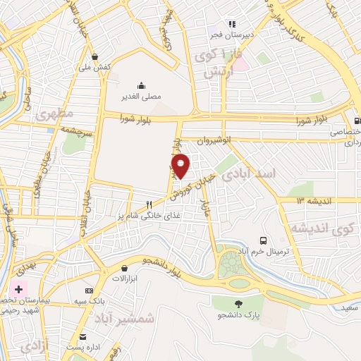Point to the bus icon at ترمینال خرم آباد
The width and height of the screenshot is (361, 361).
pos(263,240)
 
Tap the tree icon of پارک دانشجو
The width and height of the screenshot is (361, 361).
pos(238,304)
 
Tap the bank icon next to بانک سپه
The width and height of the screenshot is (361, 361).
pos(90,290)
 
